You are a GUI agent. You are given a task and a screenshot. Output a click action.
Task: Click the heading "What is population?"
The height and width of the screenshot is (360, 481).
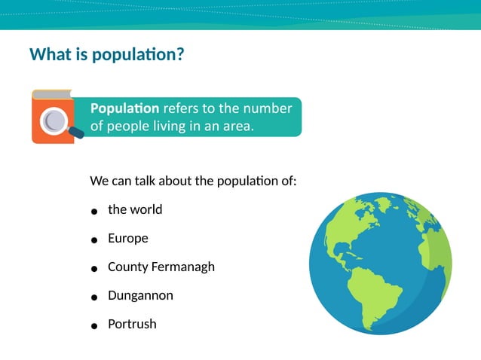coord(106,55)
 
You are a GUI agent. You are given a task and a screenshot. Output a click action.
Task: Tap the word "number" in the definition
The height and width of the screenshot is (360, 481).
coord(268,108)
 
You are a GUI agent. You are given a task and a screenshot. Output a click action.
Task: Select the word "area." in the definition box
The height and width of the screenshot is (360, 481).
coord(238,127)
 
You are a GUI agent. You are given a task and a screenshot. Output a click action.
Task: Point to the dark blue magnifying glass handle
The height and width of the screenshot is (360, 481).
coord(76,133)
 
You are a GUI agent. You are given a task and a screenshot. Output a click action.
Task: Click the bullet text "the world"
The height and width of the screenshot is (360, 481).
coord(135,209)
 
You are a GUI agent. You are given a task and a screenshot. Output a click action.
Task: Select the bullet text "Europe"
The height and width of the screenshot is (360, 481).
coord(128,238)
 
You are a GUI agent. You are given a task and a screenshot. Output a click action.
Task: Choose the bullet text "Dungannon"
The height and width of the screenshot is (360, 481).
coord(140,295)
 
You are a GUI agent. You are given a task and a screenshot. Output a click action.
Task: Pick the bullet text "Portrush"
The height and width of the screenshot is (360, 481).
coord(132,324)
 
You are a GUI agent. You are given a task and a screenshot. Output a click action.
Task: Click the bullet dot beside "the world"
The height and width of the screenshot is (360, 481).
coord(94,212)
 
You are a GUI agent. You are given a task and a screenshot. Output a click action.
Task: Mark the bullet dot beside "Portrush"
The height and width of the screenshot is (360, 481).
coord(94,326)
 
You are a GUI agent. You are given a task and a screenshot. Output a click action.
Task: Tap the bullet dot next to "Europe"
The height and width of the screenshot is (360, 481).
coord(94,240)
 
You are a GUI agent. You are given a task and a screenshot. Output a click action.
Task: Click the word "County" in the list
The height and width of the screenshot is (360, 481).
coord(127,267)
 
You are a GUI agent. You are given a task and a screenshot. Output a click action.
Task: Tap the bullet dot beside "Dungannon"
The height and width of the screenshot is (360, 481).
coord(94,297)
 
